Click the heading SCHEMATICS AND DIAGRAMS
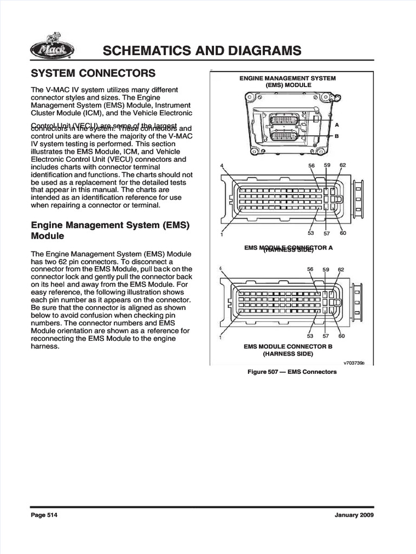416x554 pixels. pos(201,51)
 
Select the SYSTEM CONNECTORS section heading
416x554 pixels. pos(93,73)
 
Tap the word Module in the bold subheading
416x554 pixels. pos(48,236)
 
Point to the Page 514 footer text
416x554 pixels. pos(44,515)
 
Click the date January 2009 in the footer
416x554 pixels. pos(354,515)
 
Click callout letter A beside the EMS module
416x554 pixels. pos(337,124)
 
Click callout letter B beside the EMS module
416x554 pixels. pos(337,136)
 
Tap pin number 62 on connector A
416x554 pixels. pos(342,165)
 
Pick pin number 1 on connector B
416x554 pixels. pos(220,338)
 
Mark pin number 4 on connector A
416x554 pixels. pos(222,165)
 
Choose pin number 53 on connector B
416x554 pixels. pos(310,336)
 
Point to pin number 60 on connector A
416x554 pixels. pos(342,233)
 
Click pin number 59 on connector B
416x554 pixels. pos(326,269)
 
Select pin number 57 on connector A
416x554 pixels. pos(326,233)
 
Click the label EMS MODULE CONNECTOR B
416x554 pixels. pos(288,346)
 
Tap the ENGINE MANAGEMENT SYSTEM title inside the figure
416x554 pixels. pos(288,78)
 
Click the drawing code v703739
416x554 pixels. pos(354,363)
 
